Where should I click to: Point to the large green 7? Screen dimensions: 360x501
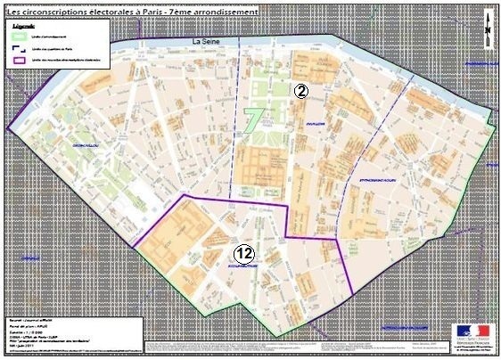click(x=253, y=119)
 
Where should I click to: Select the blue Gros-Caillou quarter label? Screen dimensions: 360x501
click(x=91, y=141)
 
